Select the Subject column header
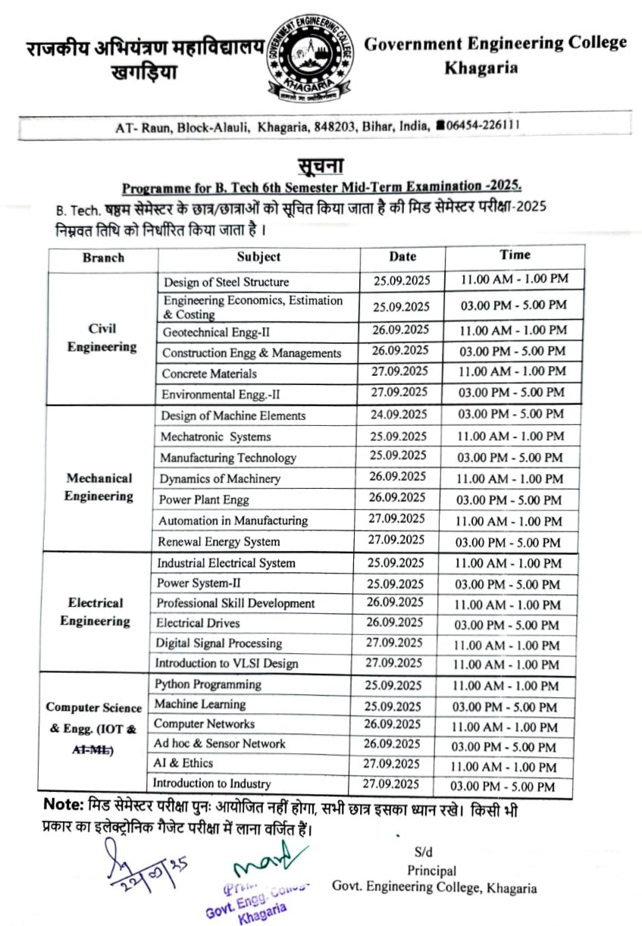click(x=258, y=257)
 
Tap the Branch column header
click(x=103, y=258)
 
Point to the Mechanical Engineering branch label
click(x=99, y=487)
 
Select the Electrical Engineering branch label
click(x=96, y=612)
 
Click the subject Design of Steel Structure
click(x=226, y=282)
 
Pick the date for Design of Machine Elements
click(x=399, y=415)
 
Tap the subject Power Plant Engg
click(x=204, y=500)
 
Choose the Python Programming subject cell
click(x=208, y=684)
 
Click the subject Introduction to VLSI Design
click(x=227, y=663)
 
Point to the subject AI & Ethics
click(x=183, y=763)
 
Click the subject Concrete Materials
click(x=209, y=374)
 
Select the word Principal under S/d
click(x=431, y=871)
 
